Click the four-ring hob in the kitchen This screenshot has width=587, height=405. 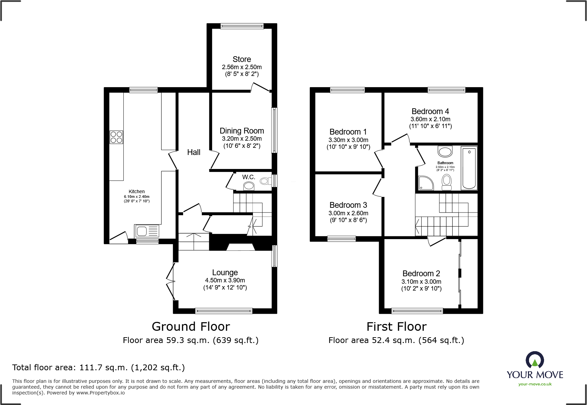(116, 137)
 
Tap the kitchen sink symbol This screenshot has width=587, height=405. (147, 231)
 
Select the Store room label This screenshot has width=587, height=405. (242, 59)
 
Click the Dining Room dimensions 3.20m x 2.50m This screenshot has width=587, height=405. (242, 139)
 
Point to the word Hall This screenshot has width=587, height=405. (194, 152)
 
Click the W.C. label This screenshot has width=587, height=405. (249, 177)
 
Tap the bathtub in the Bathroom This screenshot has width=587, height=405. (469, 168)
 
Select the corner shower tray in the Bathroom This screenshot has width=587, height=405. (425, 183)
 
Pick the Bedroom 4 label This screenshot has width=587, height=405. (430, 111)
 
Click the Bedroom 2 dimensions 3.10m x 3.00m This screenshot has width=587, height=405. (421, 282)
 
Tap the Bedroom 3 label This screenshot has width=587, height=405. (348, 205)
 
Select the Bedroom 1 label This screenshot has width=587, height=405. (348, 132)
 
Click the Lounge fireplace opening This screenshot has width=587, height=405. (241, 247)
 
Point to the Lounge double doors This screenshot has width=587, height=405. (170, 281)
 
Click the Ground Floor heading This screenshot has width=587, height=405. (191, 327)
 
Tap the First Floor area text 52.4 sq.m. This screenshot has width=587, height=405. (396, 340)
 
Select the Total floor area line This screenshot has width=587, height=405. (99, 368)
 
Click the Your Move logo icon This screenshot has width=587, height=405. (535, 360)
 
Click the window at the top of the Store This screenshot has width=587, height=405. (242, 26)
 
